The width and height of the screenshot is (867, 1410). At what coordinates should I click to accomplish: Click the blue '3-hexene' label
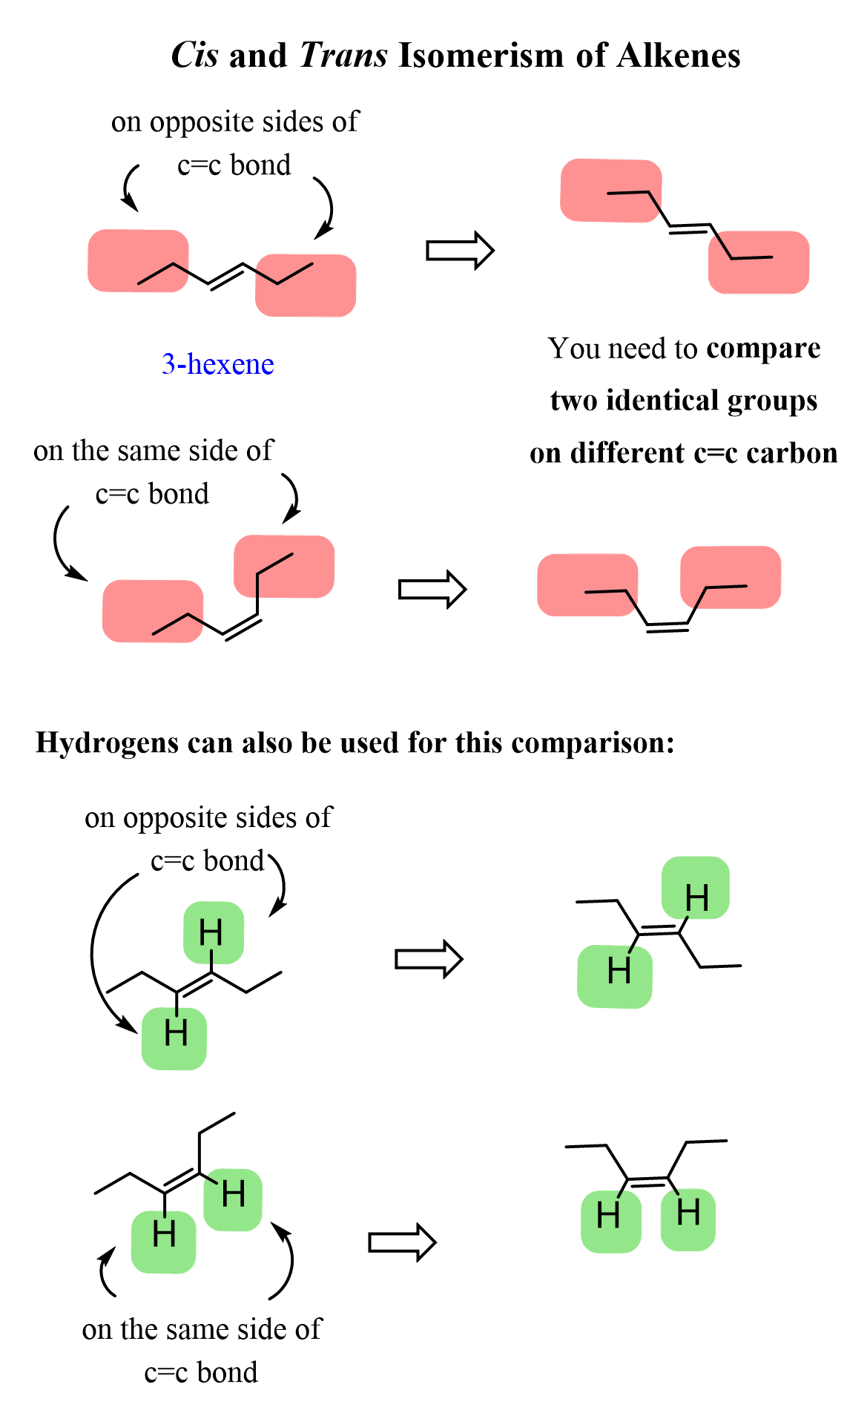click(218, 363)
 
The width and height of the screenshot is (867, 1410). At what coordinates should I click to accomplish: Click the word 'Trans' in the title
click(343, 55)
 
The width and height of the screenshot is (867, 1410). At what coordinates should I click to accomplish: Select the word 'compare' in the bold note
click(764, 349)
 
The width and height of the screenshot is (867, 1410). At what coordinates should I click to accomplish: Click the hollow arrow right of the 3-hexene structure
click(460, 251)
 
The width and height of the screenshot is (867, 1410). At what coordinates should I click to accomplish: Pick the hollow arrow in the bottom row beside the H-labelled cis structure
click(403, 1242)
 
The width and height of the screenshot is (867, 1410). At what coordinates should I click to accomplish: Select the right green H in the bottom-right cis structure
click(688, 1213)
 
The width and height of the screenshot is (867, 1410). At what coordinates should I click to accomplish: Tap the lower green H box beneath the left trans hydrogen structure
click(174, 1038)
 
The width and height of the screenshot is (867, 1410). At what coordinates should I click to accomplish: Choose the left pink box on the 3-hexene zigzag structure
click(138, 260)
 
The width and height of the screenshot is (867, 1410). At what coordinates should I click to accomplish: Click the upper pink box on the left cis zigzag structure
click(284, 566)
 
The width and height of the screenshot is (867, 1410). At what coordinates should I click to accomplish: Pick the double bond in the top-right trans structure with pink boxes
click(690, 228)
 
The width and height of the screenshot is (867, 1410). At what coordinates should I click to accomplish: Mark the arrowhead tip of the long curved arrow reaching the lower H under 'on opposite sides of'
click(139, 1033)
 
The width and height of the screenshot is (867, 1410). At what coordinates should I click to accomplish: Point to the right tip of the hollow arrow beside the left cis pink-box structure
click(467, 590)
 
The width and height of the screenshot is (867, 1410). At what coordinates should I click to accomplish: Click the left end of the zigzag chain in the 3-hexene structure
click(138, 284)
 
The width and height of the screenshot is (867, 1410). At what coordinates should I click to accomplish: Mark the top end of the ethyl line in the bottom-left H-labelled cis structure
click(235, 1113)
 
